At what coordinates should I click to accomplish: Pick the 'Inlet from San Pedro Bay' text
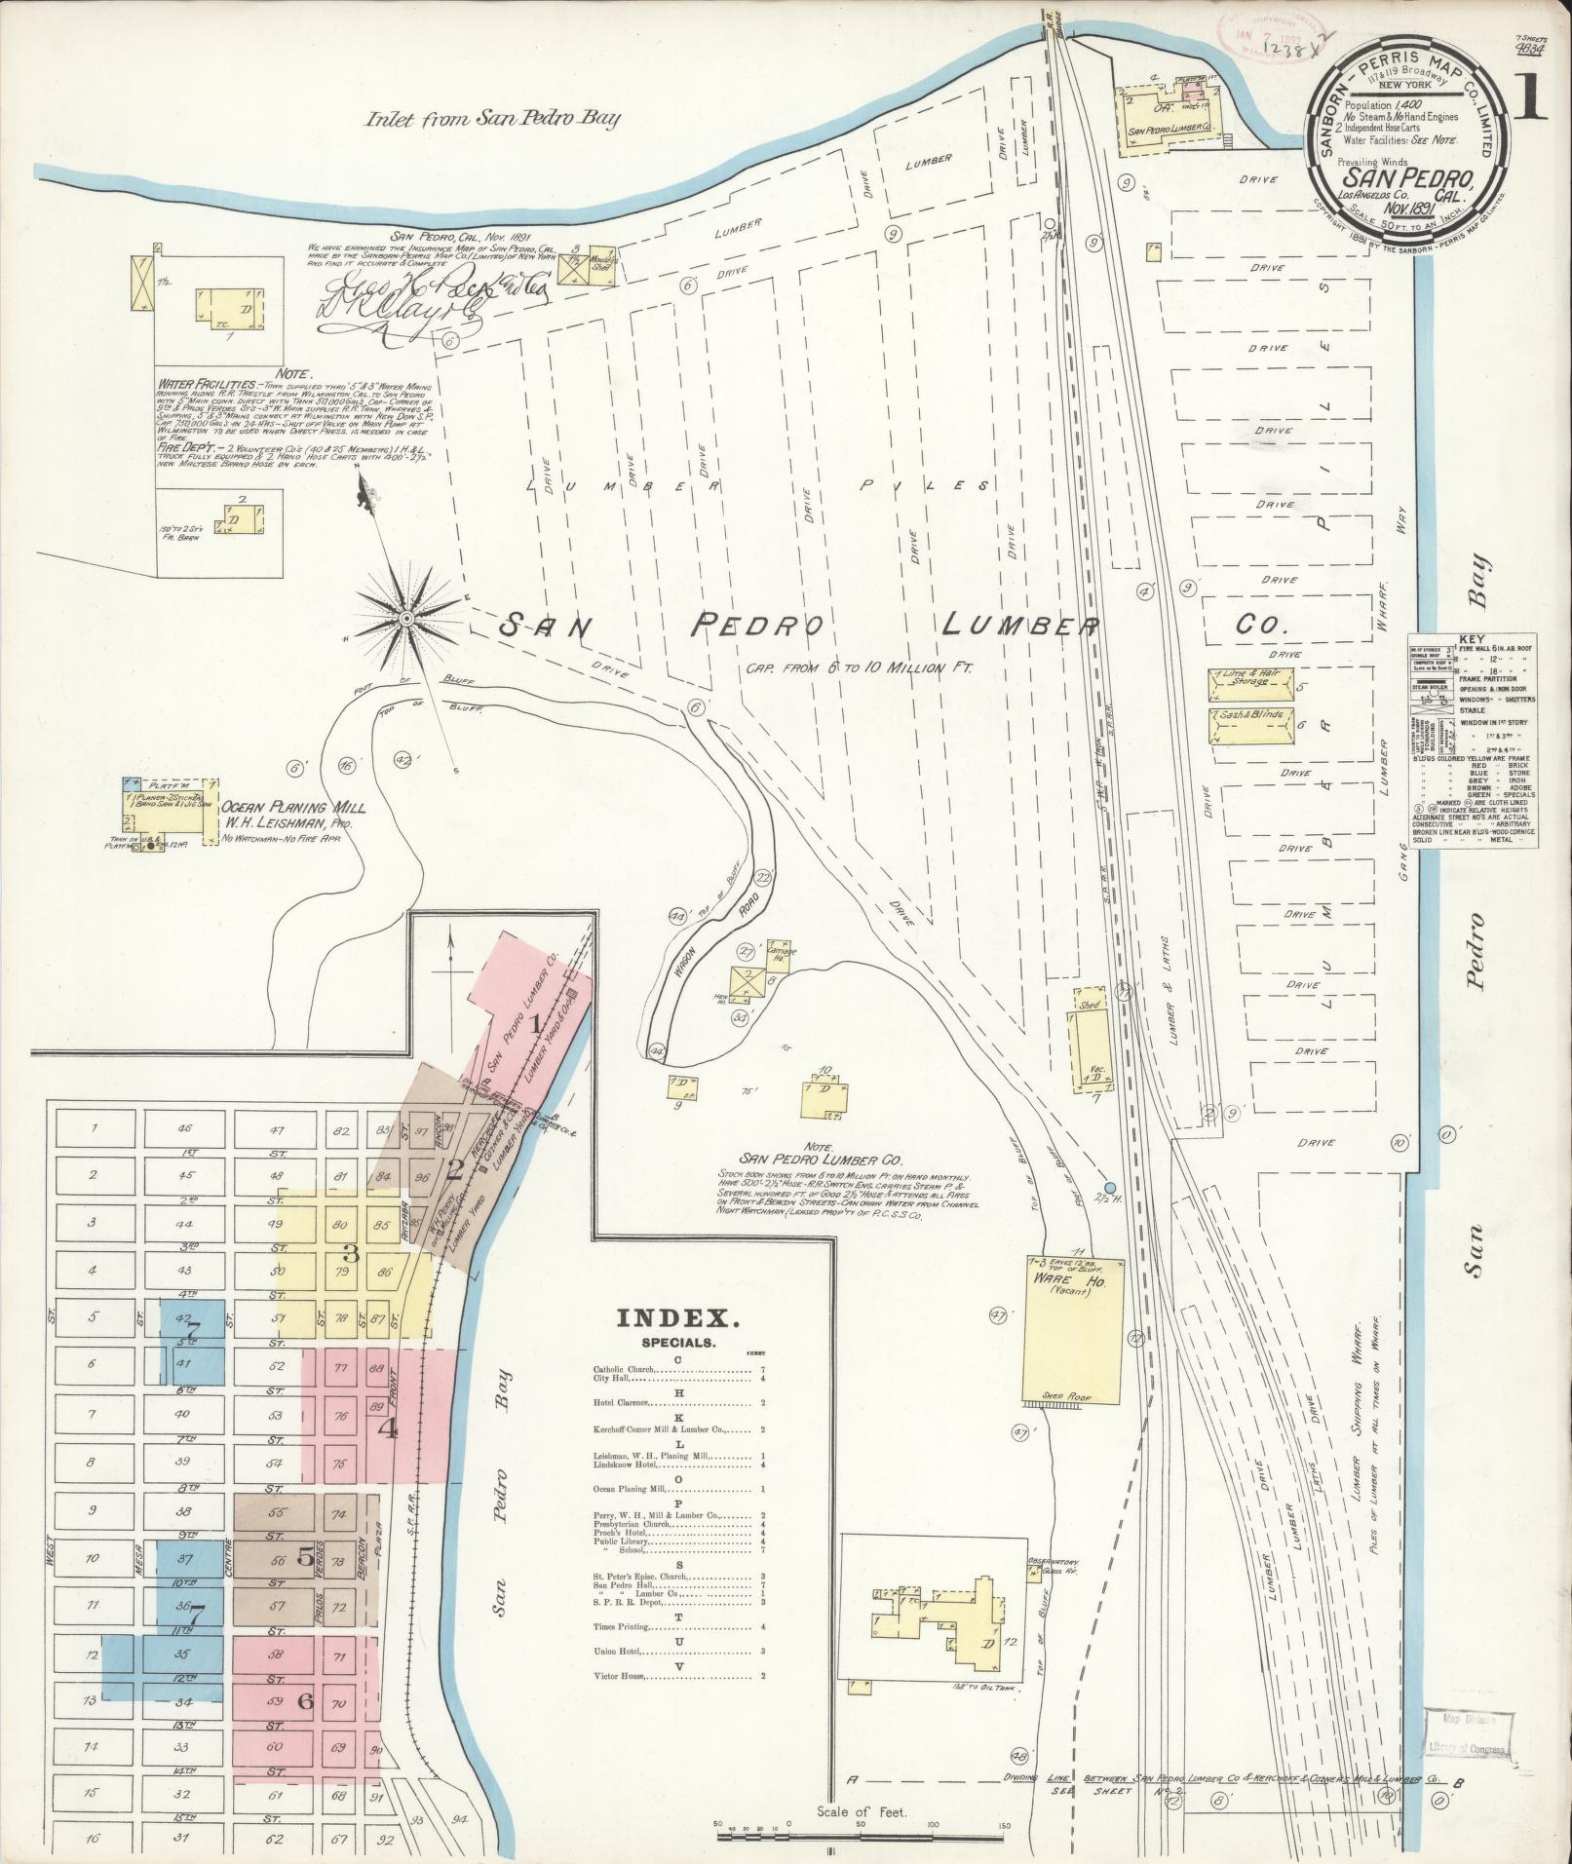(492, 120)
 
